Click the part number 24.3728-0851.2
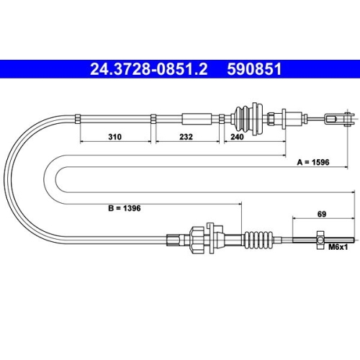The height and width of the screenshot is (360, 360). pos(148,69)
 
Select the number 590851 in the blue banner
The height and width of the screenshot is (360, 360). pos(254,69)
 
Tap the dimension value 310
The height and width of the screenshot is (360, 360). pos(115,137)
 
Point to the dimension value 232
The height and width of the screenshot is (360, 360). pos(186,137)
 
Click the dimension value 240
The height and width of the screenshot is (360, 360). pos(237,137)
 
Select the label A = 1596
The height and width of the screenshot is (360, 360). pos(313,162)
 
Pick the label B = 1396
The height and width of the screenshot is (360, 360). pos(125,208)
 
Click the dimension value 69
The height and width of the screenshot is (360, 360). pos(322,214)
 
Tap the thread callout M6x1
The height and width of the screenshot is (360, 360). pos(338,247)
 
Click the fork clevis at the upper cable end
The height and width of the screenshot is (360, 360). pos(339,119)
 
